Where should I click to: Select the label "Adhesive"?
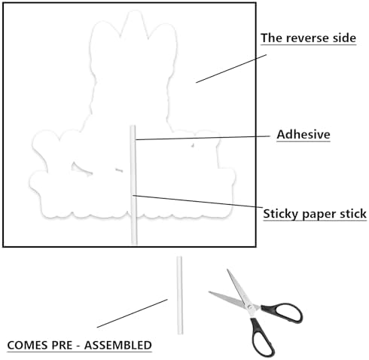coord(303,134)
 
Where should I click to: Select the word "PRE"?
coord(62,345)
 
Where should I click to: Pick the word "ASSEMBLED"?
coord(118,345)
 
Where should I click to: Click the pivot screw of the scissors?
coord(249,307)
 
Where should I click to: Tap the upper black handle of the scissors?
coord(283,313)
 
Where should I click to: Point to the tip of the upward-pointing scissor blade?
coord(227,270)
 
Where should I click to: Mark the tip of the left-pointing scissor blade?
coord(209,291)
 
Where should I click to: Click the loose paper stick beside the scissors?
coord(179,295)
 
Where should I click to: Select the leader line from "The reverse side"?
coord(231,69)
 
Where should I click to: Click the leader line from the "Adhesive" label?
coord(203,138)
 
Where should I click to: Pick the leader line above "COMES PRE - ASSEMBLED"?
coord(133,313)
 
